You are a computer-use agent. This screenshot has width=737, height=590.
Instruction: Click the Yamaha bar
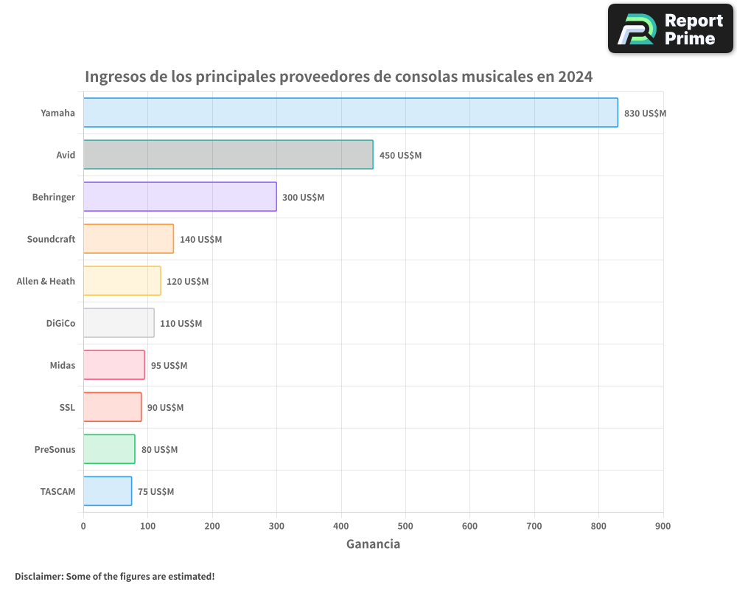350,112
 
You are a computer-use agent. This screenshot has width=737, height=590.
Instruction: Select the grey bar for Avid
228,154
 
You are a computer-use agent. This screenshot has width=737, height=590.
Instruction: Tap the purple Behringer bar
180,196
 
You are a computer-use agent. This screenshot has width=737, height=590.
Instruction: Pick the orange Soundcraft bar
128,238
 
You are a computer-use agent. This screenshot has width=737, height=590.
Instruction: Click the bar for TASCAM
108,490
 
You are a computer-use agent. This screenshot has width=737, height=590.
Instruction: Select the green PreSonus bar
109,448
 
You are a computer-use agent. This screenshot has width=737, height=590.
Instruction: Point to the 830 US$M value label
645,114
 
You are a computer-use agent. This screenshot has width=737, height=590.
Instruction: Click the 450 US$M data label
400,156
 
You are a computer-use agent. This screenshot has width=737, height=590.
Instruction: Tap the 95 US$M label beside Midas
169,366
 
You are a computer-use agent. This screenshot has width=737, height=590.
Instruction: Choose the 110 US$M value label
181,324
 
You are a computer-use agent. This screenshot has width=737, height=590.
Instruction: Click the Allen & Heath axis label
46,281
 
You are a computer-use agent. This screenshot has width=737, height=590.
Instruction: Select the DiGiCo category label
60,323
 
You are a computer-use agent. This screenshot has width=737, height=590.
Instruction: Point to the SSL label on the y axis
67,407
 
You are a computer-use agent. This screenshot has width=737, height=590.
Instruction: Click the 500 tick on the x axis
405,526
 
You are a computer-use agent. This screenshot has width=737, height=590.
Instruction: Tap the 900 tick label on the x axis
663,526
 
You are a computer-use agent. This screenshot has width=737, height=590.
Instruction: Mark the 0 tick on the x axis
83,526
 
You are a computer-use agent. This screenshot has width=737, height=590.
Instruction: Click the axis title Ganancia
373,544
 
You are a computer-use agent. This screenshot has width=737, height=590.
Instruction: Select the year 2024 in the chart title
575,77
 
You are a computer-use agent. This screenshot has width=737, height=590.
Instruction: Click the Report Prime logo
670,29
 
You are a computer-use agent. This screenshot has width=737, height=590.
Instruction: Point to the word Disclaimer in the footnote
38,576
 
